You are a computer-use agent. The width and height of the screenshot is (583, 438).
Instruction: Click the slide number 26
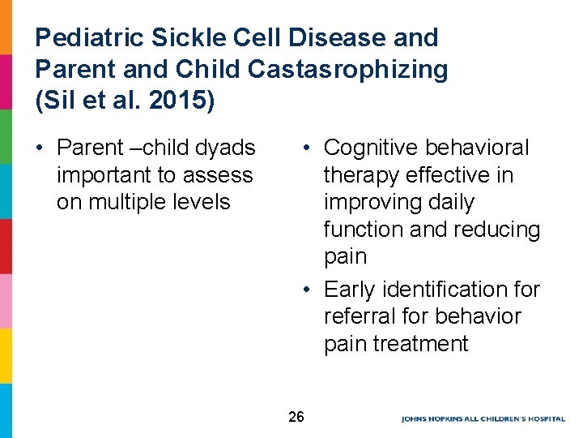click(x=296, y=417)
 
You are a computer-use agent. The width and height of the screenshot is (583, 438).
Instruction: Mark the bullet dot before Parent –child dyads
click(x=40, y=148)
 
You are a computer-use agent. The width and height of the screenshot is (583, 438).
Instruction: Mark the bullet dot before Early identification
click(x=308, y=290)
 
